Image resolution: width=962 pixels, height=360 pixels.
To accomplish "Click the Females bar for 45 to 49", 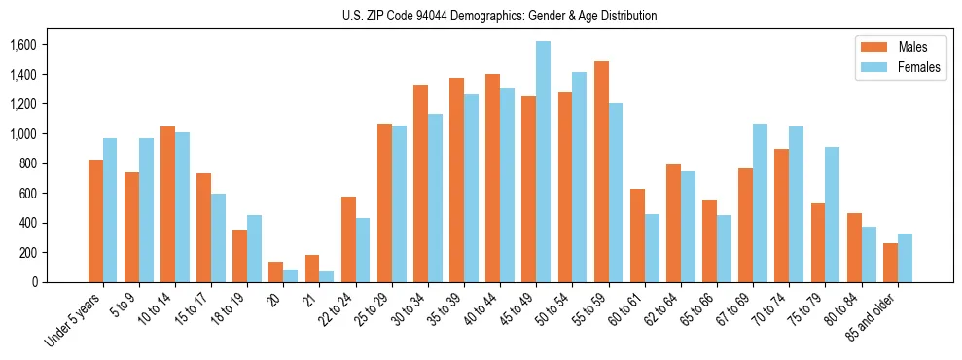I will (x=543, y=162).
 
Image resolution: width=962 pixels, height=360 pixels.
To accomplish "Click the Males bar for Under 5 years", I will (x=95, y=221).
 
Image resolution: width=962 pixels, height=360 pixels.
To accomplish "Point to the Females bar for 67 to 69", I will (x=760, y=202).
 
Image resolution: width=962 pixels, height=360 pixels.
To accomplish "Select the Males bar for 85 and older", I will (x=890, y=263).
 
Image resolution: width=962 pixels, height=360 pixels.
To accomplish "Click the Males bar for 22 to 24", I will (x=348, y=239).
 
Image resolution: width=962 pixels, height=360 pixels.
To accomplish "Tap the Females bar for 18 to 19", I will (x=254, y=248).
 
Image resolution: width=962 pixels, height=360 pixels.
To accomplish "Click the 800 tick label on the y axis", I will (x=26, y=163).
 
